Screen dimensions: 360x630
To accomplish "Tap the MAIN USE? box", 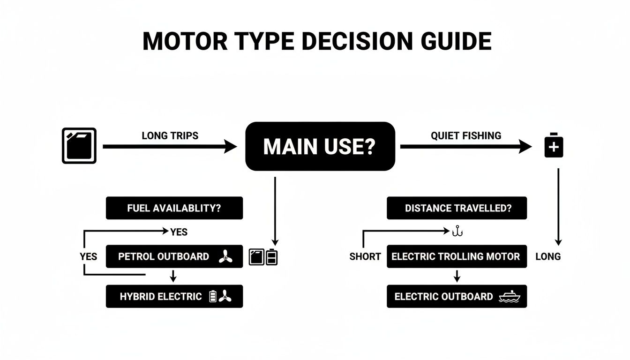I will click(320, 146).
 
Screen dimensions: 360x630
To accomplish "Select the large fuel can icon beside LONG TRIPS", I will click(79, 146).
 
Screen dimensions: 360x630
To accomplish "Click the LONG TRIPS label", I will click(170, 136).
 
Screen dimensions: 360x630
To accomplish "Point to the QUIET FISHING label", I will click(466, 136).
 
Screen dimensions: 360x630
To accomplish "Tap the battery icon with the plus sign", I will click(554, 146).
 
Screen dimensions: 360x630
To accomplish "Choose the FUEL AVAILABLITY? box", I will click(174, 208).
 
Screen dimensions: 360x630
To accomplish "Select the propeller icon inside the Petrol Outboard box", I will click(225, 256).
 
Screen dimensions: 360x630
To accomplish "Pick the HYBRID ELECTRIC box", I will click(174, 296).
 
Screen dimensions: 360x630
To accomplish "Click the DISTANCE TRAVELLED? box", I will click(457, 208).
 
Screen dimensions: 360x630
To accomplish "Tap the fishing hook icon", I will click(457, 232).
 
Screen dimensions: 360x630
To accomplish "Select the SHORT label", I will click(365, 257).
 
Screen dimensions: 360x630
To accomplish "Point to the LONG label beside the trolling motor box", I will click(548, 257).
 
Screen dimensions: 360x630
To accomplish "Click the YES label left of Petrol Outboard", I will click(88, 257).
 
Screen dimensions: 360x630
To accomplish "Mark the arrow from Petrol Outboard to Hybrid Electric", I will click(173, 276).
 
